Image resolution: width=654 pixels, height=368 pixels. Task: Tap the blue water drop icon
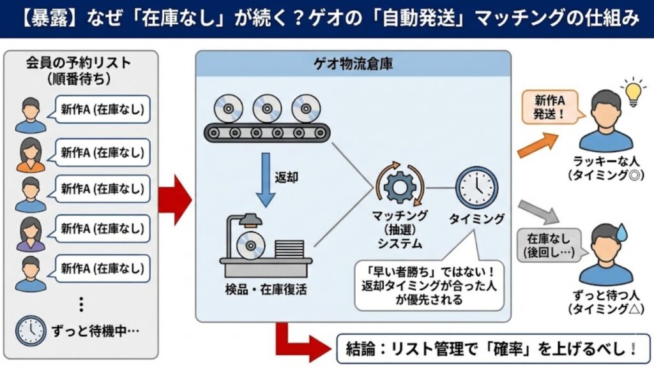coord(620,235)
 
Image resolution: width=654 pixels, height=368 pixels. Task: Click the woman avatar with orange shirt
coord(31,154)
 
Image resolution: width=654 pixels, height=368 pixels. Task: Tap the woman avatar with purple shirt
coord(31,234)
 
